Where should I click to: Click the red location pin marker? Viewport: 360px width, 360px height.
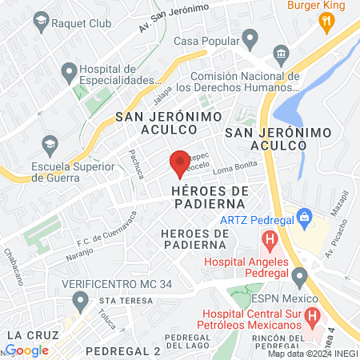point(180,162)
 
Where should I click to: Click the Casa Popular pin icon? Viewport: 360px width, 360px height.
point(250,38)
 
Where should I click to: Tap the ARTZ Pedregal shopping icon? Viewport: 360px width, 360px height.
point(304,216)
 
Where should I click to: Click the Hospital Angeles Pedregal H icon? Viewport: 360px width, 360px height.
point(270,238)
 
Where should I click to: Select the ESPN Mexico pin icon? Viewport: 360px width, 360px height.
point(300,278)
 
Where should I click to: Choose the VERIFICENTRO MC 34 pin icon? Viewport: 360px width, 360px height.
point(79,302)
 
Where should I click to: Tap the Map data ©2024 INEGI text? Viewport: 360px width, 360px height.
point(313,354)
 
